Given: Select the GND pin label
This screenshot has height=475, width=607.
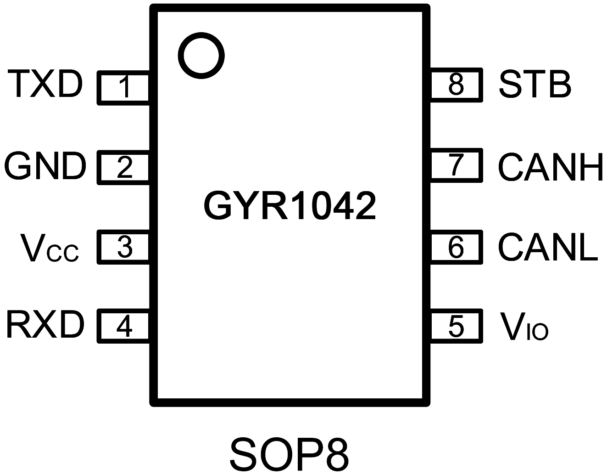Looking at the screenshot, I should (x=45, y=166).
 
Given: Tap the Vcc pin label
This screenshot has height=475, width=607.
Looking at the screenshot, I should (x=50, y=249).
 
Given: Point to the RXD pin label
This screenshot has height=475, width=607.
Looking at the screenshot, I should (x=45, y=325).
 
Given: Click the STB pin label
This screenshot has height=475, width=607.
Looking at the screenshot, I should (x=535, y=84).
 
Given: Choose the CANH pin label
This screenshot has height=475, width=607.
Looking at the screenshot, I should (x=551, y=167).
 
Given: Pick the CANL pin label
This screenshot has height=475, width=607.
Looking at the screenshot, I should (x=548, y=248).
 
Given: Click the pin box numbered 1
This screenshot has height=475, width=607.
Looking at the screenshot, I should (x=124, y=87).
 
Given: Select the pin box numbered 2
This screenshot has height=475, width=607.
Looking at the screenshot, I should (x=124, y=167).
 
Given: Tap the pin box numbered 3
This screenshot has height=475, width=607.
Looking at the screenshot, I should (x=124, y=248).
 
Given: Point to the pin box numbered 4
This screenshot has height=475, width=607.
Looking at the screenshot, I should (x=124, y=327).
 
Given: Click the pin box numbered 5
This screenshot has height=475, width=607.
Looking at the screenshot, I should (x=456, y=326).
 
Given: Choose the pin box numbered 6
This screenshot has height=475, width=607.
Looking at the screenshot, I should (x=456, y=247).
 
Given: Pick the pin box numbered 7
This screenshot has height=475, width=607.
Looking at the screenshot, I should (x=456, y=165).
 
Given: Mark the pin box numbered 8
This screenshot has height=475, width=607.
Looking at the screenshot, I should (x=456, y=84).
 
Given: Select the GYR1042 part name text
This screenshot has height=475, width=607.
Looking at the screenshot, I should (x=290, y=206).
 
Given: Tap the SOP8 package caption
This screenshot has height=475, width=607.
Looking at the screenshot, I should (x=290, y=454).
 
